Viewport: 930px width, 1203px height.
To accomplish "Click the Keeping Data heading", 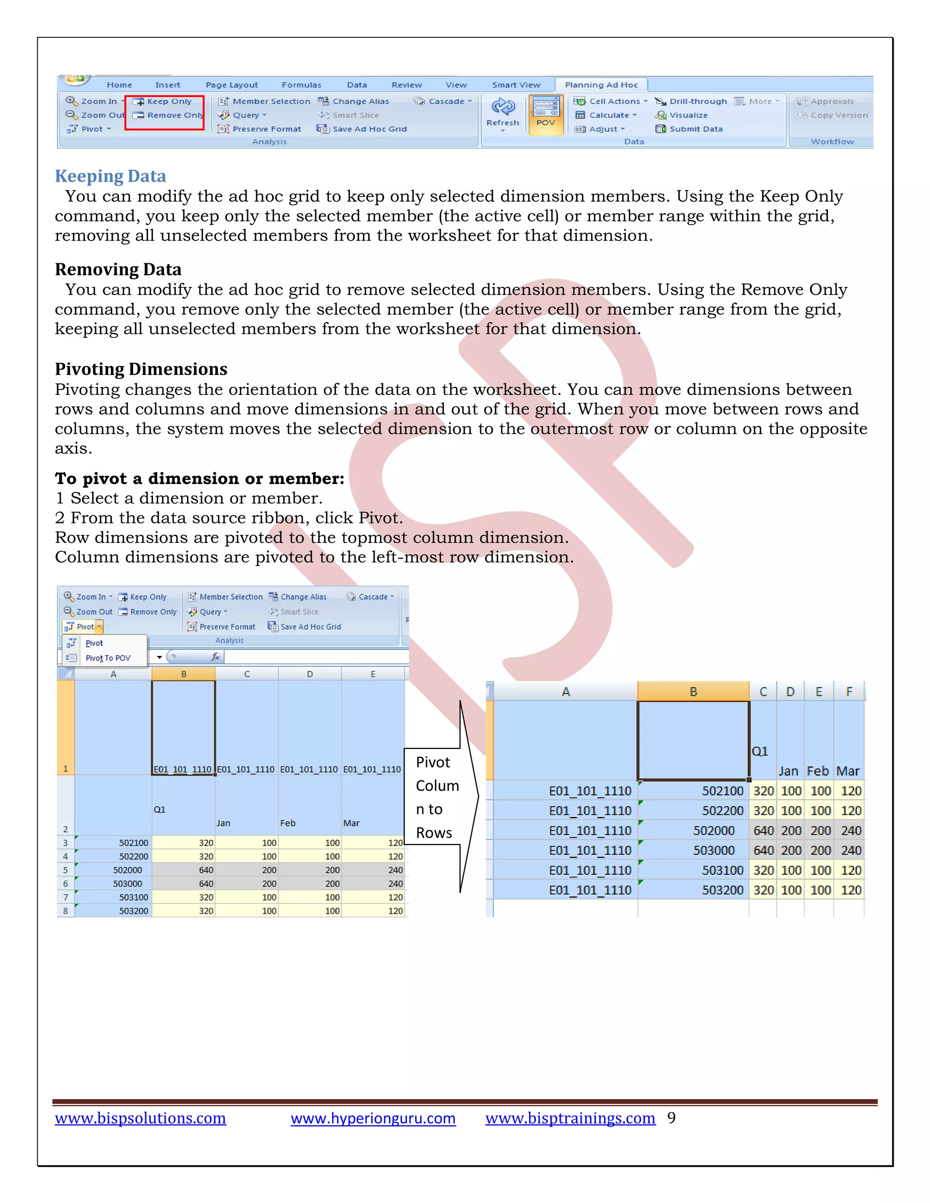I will point(110,176).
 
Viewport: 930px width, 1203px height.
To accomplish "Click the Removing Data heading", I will point(118,269).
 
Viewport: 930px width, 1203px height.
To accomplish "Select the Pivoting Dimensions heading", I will point(141,369).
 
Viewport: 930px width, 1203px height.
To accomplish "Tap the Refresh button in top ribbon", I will point(503,113).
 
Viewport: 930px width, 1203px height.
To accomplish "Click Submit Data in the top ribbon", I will point(695,129).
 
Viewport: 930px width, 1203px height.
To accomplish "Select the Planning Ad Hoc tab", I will point(601,85).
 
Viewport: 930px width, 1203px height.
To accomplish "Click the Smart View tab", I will point(516,85).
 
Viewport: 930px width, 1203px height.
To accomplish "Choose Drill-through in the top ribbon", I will point(697,101).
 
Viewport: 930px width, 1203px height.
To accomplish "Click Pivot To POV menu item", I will point(108,658).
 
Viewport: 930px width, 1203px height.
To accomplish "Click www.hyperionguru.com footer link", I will point(373,1118).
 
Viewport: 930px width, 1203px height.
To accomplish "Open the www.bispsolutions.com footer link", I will point(140,1118).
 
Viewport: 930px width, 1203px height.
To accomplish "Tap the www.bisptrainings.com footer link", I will point(570,1118).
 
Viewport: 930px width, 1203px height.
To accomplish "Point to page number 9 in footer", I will point(671,1118).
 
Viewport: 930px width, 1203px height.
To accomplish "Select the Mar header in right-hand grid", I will point(847,771).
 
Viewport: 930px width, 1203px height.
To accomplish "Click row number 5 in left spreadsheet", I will point(65,870).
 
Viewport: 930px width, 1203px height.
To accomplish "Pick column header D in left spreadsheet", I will point(310,674).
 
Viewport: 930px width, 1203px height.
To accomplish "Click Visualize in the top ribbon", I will point(688,115).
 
